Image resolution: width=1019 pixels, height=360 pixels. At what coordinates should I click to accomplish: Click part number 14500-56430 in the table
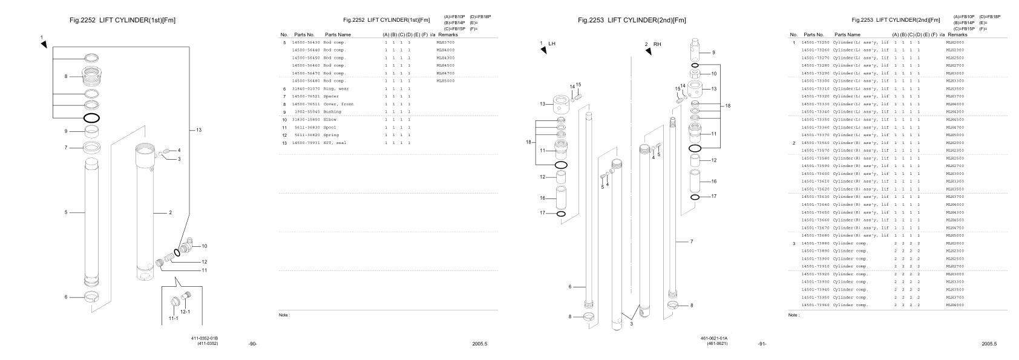point(306,42)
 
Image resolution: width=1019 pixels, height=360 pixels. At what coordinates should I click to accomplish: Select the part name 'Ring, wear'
point(336,89)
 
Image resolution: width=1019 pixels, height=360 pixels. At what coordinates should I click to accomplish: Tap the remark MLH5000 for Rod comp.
point(445,80)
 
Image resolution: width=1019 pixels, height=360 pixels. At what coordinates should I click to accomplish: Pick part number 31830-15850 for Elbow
point(306,120)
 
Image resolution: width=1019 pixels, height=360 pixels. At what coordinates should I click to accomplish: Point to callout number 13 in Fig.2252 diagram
point(198,130)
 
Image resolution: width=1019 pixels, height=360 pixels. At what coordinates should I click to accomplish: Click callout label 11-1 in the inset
point(173,318)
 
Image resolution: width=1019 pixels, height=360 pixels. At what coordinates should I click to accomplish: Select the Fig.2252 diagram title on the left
point(123,20)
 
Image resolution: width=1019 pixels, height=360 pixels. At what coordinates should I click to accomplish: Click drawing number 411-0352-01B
point(204,338)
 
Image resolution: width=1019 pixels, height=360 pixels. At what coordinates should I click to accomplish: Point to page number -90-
point(252,344)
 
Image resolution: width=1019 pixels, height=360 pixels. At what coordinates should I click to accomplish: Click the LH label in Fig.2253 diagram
point(551,44)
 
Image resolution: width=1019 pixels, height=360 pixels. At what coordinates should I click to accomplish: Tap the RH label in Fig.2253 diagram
point(657,44)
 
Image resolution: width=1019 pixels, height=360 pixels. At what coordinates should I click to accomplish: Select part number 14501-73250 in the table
point(815,42)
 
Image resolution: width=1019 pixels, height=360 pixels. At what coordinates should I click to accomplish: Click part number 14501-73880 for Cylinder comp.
point(815,243)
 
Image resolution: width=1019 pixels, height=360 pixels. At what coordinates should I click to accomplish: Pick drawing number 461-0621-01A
point(714,338)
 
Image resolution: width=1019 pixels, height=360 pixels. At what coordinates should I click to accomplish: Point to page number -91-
point(762,344)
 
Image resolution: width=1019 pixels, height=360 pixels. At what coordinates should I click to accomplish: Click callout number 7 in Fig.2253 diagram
point(692,241)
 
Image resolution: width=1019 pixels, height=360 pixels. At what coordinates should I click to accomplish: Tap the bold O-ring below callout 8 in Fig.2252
point(91,118)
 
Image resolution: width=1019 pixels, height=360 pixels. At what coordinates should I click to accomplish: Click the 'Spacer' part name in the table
point(331,97)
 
